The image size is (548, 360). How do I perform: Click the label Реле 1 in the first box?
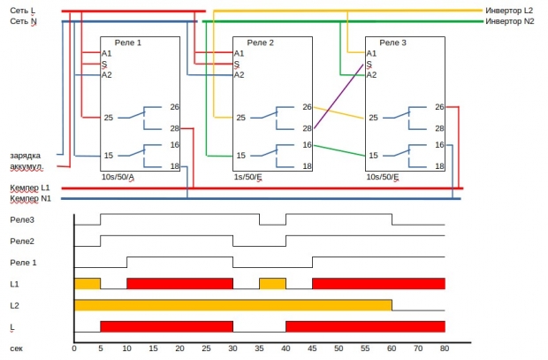click(x=126, y=42)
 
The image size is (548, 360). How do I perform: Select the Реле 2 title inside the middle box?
click(x=260, y=42)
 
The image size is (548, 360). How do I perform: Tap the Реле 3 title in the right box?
click(x=392, y=42)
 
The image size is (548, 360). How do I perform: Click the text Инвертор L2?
click(x=508, y=10)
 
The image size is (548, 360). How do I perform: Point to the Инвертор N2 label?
click(x=509, y=20)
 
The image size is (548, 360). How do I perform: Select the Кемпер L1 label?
click(x=30, y=188)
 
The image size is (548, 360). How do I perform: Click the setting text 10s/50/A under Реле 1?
click(x=118, y=177)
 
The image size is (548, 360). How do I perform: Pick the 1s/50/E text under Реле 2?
click(x=248, y=177)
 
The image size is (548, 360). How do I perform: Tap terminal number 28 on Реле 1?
click(x=175, y=128)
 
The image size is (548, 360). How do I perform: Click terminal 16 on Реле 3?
click(x=439, y=144)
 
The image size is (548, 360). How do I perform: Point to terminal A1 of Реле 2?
click(x=238, y=53)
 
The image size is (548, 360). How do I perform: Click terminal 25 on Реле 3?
click(x=373, y=118)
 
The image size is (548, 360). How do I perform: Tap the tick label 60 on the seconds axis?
click(x=392, y=348)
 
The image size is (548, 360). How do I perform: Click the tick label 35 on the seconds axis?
click(x=259, y=348)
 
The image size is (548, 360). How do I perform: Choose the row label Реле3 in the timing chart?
click(x=22, y=219)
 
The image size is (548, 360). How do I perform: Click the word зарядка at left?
click(x=26, y=155)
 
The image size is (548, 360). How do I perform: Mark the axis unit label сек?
click(x=17, y=348)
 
